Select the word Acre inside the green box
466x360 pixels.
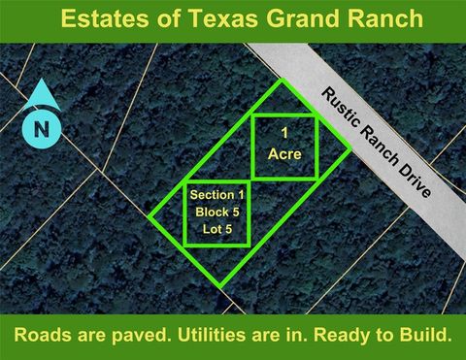tap(284, 153)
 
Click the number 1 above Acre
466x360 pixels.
tap(284, 131)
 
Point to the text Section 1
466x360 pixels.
tap(217, 194)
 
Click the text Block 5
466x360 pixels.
tap(217, 211)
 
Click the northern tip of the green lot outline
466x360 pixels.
tap(283, 81)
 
